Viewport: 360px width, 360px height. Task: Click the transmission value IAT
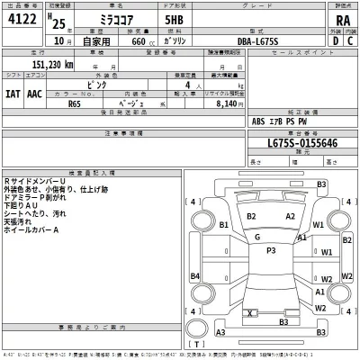(x=13, y=91)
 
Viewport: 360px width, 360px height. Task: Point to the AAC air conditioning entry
(x=35, y=91)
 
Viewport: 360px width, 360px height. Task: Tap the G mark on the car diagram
(x=256, y=237)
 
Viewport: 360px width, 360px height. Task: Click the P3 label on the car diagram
(x=270, y=250)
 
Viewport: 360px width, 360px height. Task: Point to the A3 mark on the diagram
(x=220, y=332)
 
